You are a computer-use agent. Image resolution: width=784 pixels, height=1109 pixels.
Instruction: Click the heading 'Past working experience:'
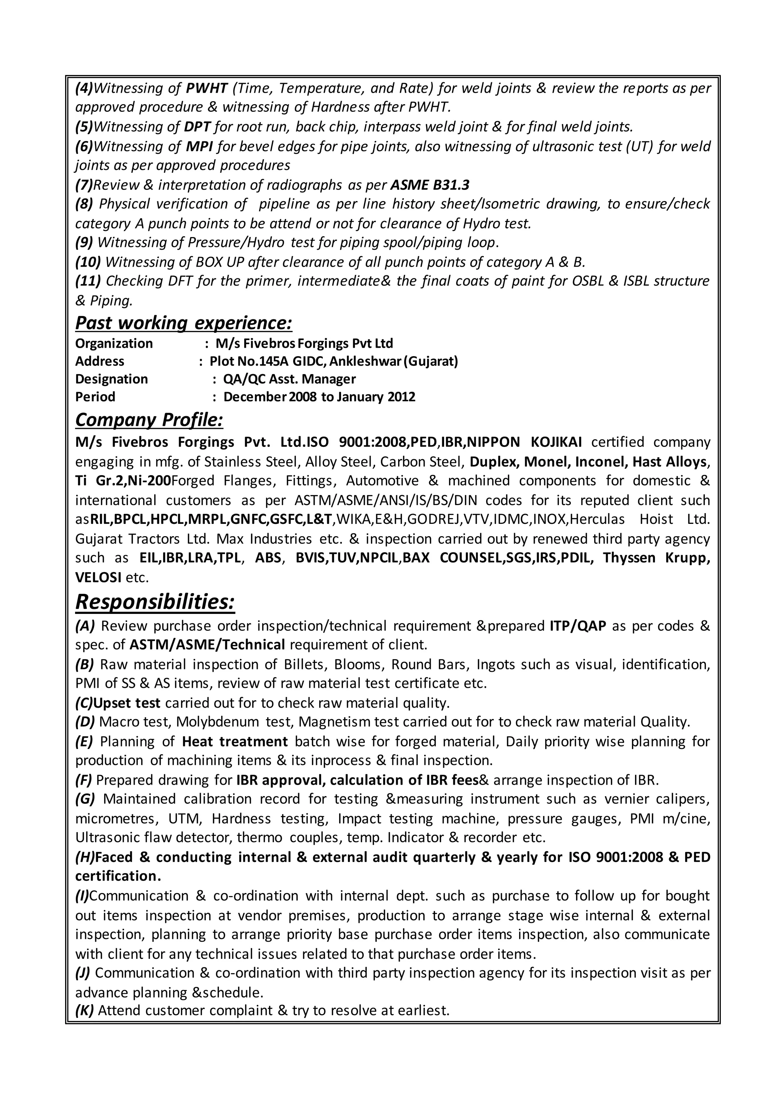(183, 323)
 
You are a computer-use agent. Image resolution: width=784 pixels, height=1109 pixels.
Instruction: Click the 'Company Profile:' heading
(149, 420)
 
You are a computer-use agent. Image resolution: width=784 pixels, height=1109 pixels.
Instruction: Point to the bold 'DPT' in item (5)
(198, 127)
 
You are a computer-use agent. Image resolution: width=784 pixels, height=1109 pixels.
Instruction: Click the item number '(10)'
(88, 262)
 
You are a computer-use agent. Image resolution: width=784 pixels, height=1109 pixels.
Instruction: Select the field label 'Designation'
(111, 379)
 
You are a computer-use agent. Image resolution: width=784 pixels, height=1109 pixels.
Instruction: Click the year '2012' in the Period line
(401, 397)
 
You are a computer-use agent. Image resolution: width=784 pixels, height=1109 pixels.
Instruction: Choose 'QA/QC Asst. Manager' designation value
(289, 379)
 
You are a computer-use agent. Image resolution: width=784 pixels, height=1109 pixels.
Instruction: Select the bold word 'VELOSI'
(98, 577)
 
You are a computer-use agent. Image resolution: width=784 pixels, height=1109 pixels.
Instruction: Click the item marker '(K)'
(85, 1011)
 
